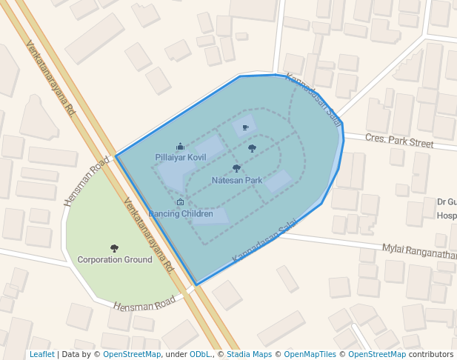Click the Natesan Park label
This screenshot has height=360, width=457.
(x=237, y=181)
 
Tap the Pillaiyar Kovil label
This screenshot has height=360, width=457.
(x=181, y=158)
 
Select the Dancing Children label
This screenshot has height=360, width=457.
(x=181, y=214)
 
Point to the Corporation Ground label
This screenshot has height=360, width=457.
(x=115, y=260)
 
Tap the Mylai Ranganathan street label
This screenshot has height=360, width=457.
(x=418, y=252)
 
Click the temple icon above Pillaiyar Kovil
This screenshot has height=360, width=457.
(x=180, y=147)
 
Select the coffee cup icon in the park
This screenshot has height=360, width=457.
(x=245, y=128)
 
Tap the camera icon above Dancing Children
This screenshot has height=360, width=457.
(x=180, y=202)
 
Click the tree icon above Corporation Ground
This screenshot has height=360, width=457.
(x=115, y=248)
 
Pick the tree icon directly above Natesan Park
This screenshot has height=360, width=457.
(x=236, y=169)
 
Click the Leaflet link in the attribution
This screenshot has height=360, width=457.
(x=41, y=355)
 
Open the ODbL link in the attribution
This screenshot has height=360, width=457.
(x=200, y=355)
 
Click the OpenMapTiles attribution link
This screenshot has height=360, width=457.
(x=310, y=355)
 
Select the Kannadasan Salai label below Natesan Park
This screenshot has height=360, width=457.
(x=264, y=240)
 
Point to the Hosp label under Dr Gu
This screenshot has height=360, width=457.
(x=446, y=216)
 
